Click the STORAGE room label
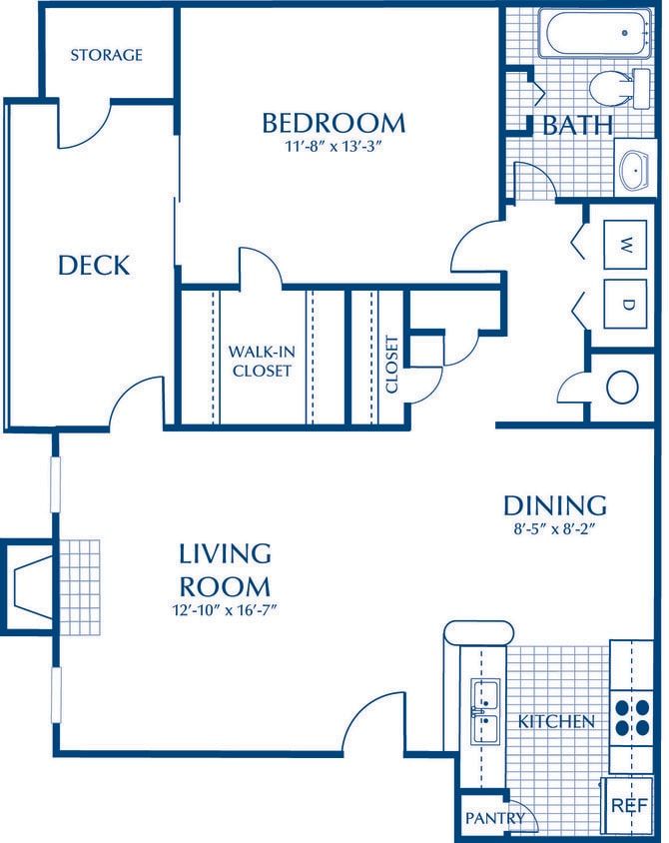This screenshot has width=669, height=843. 106,55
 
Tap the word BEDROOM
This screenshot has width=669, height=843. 334,123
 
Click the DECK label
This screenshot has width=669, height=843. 93,265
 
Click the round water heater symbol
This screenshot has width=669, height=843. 622,387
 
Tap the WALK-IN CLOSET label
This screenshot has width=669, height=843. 260,361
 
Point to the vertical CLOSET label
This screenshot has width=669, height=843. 391,364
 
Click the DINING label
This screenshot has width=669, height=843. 555,503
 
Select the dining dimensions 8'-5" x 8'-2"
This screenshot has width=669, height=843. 555,531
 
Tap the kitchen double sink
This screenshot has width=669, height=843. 485,711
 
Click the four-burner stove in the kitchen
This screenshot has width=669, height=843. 631,716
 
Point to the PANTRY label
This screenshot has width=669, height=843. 494,818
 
